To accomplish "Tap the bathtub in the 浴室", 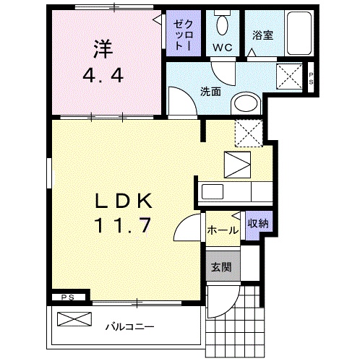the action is click(299, 33).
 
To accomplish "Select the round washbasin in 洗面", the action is click(246, 104).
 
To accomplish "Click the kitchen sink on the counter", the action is click(213, 191).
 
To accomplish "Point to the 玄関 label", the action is click(221, 267).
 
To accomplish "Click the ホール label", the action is click(223, 230).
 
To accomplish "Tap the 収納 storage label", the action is click(258, 224).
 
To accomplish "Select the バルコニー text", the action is click(130, 326).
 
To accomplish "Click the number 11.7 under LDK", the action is click(123, 225).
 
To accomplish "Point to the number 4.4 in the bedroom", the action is click(103, 75).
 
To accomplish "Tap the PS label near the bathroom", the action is click(311, 79).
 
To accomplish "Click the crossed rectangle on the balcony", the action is click(74, 319).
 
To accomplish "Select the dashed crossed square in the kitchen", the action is click(249, 134).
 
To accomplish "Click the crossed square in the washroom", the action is click(289, 77).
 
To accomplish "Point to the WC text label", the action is click(223, 48).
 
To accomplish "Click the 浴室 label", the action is click(263, 35).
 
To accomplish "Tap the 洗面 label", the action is click(210, 92).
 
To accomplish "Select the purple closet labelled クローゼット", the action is click(184, 33).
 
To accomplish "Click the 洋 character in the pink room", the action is click(103, 49).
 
